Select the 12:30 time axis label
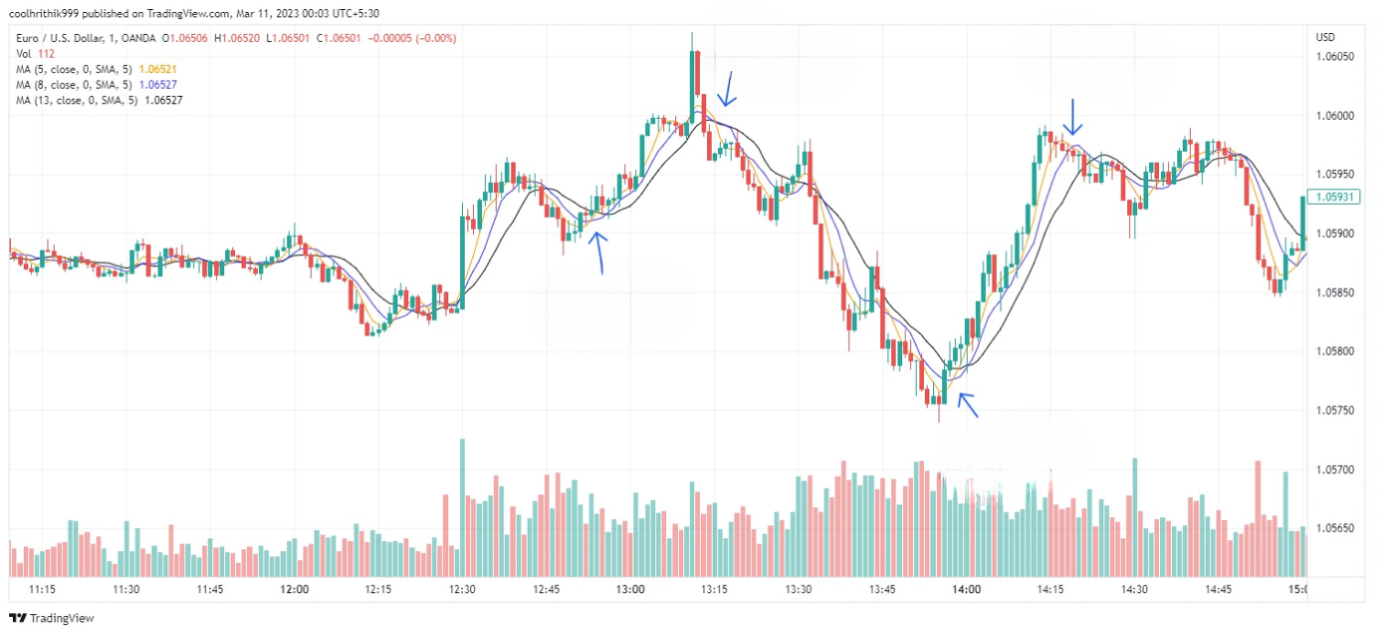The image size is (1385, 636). (x=462, y=589)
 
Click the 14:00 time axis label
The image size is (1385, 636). (x=966, y=589)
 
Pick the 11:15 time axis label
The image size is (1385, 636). (x=42, y=589)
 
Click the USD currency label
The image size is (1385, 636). (x=1326, y=38)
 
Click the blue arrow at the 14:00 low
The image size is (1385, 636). (x=968, y=404)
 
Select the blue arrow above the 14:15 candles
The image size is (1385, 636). (x=1073, y=116)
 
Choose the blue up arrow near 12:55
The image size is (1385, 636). (x=599, y=253)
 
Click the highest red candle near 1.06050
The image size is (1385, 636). (x=697, y=73)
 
